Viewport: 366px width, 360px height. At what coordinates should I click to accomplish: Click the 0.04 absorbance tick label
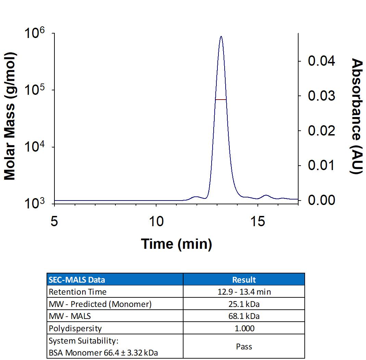[x=321, y=61]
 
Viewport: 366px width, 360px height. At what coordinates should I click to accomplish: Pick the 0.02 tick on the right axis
[x=321, y=131]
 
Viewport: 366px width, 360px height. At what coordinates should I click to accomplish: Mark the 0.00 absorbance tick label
[x=321, y=200]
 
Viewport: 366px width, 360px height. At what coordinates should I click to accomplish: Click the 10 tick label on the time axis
[x=156, y=222]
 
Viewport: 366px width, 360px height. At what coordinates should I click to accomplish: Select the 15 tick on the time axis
[x=257, y=222]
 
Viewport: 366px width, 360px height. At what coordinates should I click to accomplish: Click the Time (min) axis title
[x=177, y=244]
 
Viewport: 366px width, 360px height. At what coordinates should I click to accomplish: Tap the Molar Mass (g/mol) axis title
[x=10, y=116]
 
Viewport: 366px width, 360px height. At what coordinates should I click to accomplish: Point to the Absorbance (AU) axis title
[x=357, y=116]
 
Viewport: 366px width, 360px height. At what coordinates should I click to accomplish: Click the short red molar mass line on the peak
[x=221, y=100]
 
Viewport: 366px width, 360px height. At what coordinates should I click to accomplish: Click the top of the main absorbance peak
[x=221, y=36]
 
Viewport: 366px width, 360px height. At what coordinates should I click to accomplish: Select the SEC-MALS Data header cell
[x=77, y=280]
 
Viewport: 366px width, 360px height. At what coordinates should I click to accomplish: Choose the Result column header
[x=244, y=280]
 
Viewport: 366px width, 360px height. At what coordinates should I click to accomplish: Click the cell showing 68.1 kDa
[x=244, y=316]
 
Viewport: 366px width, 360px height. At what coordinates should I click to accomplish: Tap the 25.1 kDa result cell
[x=244, y=304]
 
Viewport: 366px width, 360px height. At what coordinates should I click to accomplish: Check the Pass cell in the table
[x=244, y=347]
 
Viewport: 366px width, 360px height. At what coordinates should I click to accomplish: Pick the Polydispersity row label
[x=75, y=328]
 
